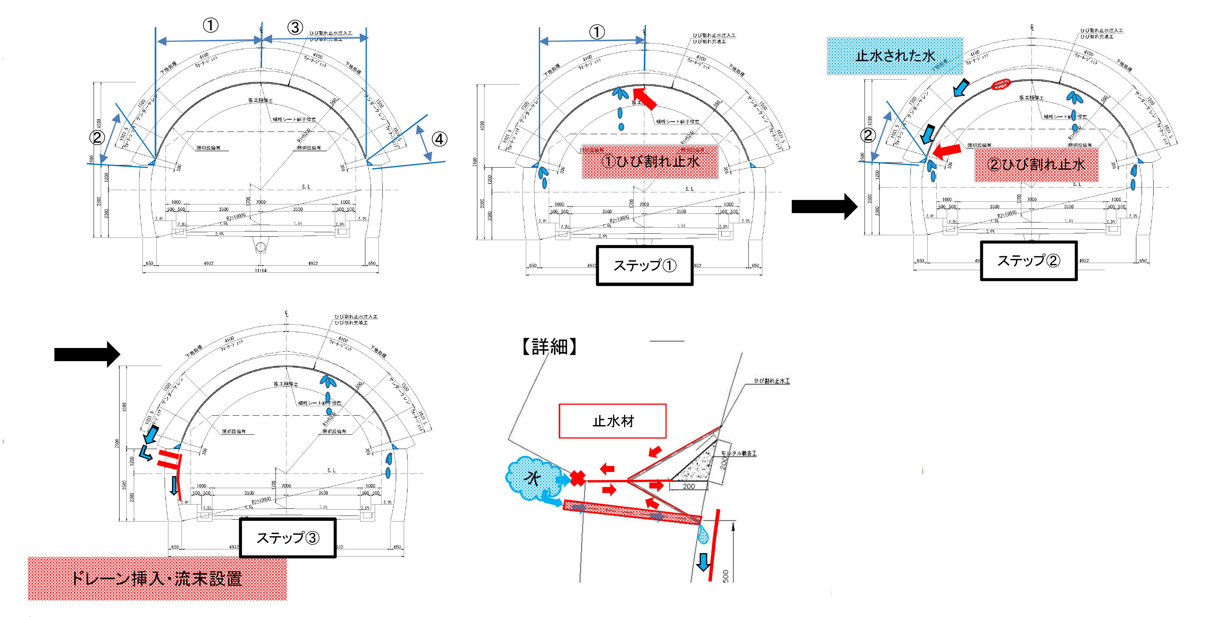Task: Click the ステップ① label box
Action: (644, 265)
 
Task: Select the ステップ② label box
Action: (1028, 261)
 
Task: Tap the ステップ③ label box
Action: (288, 538)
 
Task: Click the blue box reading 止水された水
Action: (895, 56)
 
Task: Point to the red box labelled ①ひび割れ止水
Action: (650, 162)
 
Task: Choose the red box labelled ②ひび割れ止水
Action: (1036, 164)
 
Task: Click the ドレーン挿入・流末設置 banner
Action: (157, 579)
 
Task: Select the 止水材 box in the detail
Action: (612, 421)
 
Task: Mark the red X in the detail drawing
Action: (578, 478)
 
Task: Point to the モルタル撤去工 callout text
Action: (738, 453)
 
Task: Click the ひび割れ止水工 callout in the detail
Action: (772, 381)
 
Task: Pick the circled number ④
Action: (439, 139)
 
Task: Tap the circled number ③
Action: (295, 27)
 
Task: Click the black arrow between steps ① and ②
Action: (824, 206)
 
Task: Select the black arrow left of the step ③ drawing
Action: (87, 354)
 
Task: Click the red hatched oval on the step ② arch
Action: (1001, 85)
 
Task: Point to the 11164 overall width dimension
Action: (261, 271)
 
